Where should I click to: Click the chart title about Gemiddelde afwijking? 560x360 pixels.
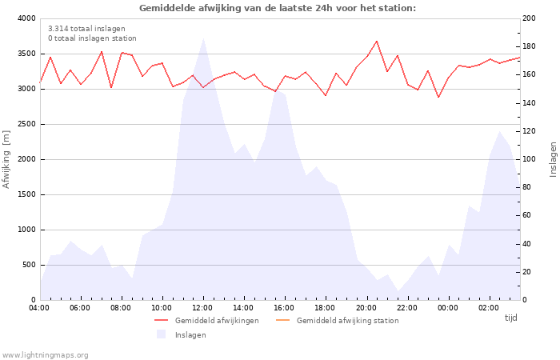pyautogui.click(x=278, y=8)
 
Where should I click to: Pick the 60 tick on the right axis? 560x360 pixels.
pyautogui.click(x=528, y=216)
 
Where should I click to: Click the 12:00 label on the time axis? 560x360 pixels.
pyautogui.click(x=202, y=308)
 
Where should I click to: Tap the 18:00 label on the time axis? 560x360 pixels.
pyautogui.click(x=325, y=308)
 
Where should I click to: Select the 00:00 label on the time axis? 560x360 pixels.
pyautogui.click(x=448, y=308)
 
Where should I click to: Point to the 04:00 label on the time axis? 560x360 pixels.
pyautogui.click(x=39, y=308)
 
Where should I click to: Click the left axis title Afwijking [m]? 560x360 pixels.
pyautogui.click(x=7, y=159)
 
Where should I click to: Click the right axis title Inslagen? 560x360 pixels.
pyautogui.click(x=552, y=159)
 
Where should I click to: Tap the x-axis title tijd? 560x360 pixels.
pyautogui.click(x=511, y=318)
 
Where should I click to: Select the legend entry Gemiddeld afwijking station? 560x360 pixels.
pyautogui.click(x=347, y=321)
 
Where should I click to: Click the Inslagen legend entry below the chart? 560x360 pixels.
pyautogui.click(x=190, y=334)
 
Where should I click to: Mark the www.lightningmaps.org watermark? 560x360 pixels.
pyautogui.click(x=45, y=354)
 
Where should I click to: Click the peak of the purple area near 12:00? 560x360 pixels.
pyautogui.click(x=203, y=39)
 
